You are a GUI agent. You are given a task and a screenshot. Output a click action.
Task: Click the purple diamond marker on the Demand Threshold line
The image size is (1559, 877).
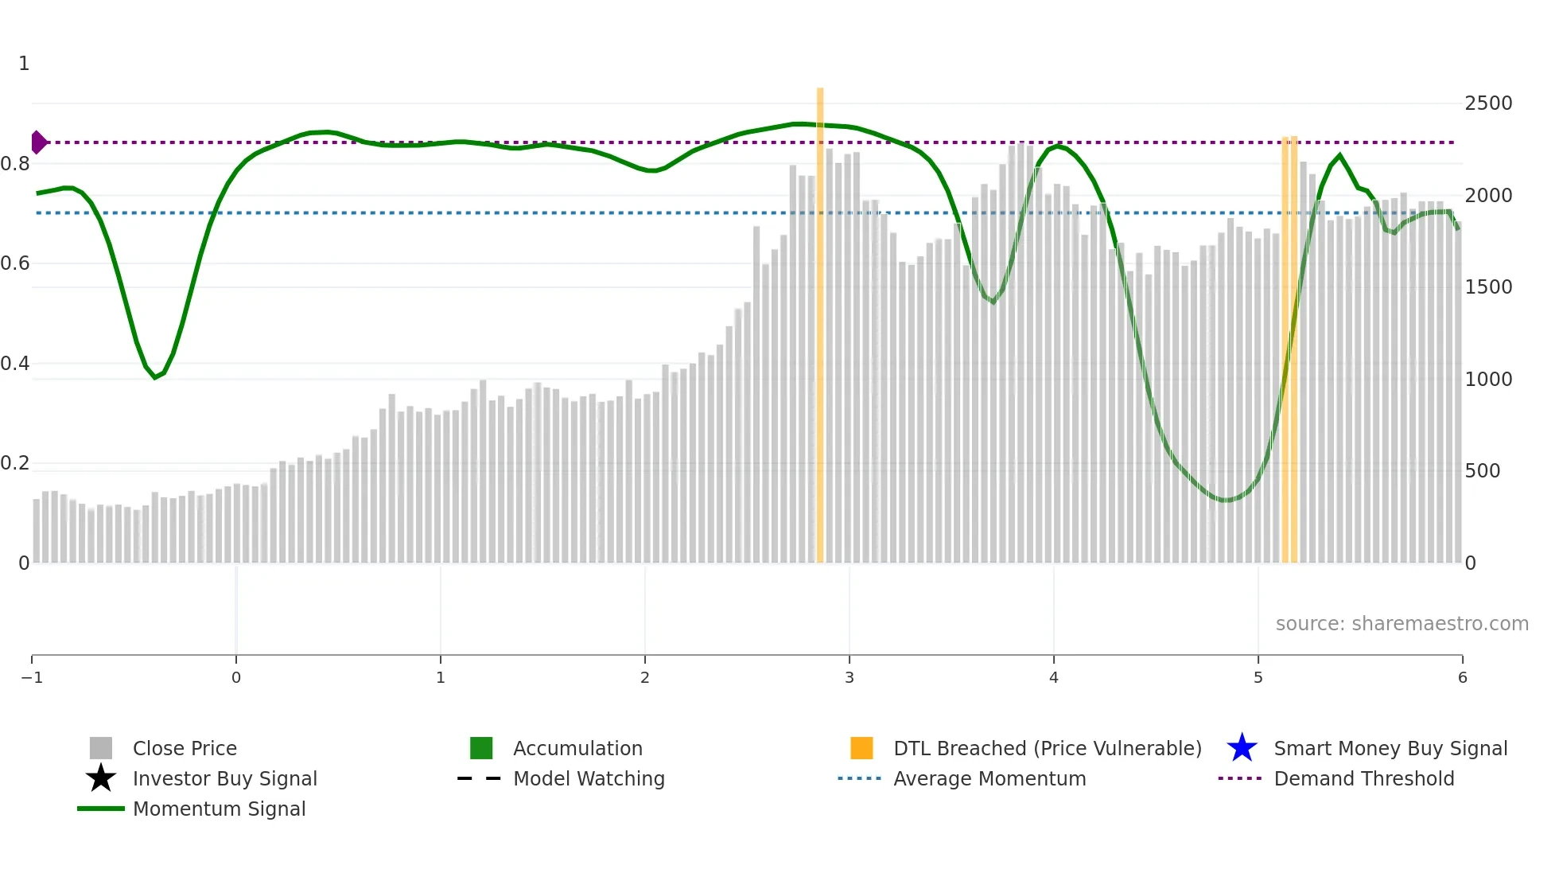pyautogui.click(x=38, y=142)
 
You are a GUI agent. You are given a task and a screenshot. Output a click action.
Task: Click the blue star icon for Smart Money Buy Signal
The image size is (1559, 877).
pyautogui.click(x=1242, y=748)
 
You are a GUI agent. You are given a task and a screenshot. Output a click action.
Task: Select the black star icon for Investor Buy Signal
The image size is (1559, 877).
pyautogui.click(x=101, y=778)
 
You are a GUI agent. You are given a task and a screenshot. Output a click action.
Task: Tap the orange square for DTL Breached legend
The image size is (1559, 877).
pyautogui.click(x=861, y=748)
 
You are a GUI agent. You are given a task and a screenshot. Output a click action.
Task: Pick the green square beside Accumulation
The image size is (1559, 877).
pyautogui.click(x=481, y=748)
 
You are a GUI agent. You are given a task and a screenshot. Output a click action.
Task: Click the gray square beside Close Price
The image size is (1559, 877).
pyautogui.click(x=101, y=748)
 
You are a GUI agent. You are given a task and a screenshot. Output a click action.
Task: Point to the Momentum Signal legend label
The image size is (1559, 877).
pyautogui.click(x=219, y=809)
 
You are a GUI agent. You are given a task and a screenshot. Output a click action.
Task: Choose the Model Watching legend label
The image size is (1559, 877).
pyautogui.click(x=589, y=778)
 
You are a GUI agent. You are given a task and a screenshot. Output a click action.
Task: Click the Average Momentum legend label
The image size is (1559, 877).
pyautogui.click(x=989, y=778)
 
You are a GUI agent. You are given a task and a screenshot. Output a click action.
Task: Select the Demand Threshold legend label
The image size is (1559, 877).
pyautogui.click(x=1363, y=778)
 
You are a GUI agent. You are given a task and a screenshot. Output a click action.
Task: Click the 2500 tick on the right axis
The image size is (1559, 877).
pyautogui.click(x=1488, y=103)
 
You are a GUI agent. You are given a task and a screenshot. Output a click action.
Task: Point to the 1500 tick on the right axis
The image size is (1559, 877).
pyautogui.click(x=1488, y=287)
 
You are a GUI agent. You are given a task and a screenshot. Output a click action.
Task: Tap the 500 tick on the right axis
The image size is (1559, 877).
pyautogui.click(x=1483, y=471)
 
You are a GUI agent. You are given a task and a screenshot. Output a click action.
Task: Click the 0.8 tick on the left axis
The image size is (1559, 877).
pyautogui.click(x=15, y=164)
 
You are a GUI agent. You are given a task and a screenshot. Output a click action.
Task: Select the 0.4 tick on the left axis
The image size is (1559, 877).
pyautogui.click(x=15, y=364)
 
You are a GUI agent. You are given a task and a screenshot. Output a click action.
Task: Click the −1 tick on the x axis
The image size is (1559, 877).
pyautogui.click(x=32, y=677)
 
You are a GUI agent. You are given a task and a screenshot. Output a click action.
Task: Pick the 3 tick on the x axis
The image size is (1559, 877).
pyautogui.click(x=849, y=677)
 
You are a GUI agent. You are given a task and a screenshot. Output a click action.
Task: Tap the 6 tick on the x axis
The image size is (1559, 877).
pyautogui.click(x=1462, y=677)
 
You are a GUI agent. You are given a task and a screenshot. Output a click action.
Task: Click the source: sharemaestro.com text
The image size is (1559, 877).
pyautogui.click(x=1402, y=624)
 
